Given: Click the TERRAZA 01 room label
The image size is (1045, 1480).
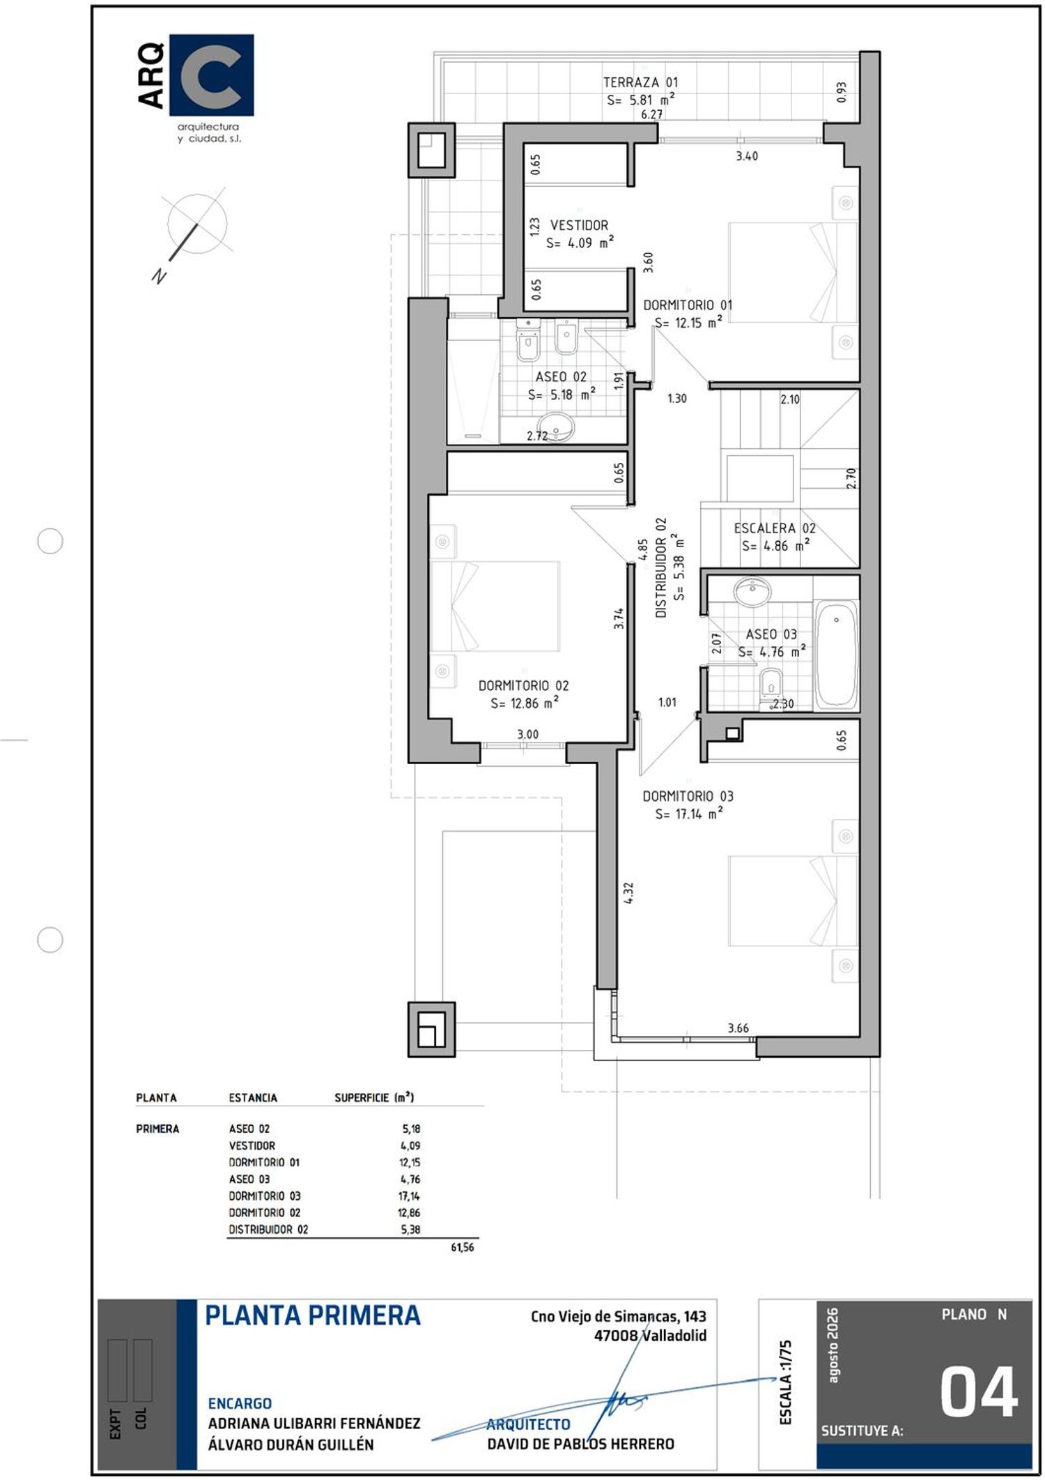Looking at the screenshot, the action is (x=640, y=82).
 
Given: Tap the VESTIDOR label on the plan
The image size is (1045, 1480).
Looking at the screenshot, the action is (x=579, y=225).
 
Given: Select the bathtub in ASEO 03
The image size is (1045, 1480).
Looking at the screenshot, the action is (x=836, y=655).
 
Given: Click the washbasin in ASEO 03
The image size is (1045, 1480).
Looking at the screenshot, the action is (x=752, y=591).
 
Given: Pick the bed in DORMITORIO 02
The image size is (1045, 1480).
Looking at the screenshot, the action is (x=495, y=606).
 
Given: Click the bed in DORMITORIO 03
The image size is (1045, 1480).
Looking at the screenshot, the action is (x=793, y=901).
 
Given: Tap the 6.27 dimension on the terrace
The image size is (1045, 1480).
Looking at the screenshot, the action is (x=651, y=114).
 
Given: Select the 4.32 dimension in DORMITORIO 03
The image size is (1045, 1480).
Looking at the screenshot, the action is (x=628, y=893).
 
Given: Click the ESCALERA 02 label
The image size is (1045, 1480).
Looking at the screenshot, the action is (x=774, y=528).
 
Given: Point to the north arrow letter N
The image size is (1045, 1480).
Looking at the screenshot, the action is (x=160, y=276).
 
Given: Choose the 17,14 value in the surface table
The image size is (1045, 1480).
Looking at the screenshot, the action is (x=409, y=1196).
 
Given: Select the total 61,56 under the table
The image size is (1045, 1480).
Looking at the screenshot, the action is (x=463, y=1247).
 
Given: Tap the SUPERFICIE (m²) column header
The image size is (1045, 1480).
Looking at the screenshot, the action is (x=374, y=1097).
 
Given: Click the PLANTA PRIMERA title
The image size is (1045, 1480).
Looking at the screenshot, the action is (x=313, y=1315).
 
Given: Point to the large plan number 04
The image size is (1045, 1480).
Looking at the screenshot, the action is (x=979, y=1392).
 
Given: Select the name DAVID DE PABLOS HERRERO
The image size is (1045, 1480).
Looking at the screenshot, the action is (x=580, y=1444).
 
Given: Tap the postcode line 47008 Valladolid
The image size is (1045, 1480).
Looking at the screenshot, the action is (x=650, y=1336).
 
